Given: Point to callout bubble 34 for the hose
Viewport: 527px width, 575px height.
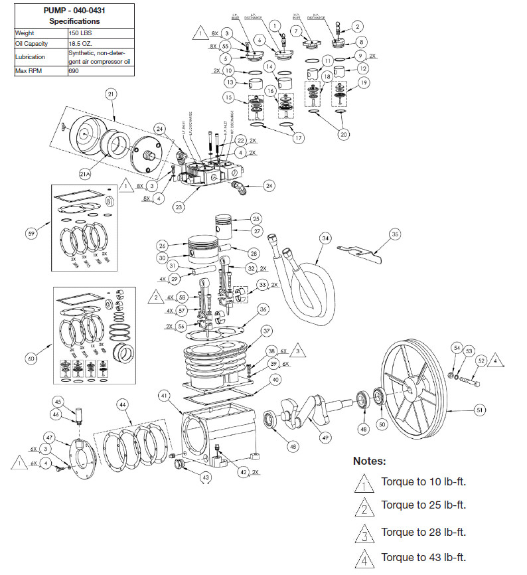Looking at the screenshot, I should [325, 238].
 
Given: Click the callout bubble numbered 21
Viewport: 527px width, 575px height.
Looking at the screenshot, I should [111, 95].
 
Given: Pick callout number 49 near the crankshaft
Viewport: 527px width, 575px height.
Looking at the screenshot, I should [325, 438].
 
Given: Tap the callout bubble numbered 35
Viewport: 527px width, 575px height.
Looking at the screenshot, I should [395, 234].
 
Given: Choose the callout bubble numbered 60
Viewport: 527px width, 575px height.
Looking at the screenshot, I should [30, 359].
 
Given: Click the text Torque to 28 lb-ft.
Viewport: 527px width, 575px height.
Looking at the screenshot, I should [423, 532].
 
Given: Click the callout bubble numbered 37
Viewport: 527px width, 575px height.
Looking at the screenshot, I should [266, 331].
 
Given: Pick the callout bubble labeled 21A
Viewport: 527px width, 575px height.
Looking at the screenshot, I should [85, 174].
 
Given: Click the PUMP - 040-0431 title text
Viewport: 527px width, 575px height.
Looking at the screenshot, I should [74, 10].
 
